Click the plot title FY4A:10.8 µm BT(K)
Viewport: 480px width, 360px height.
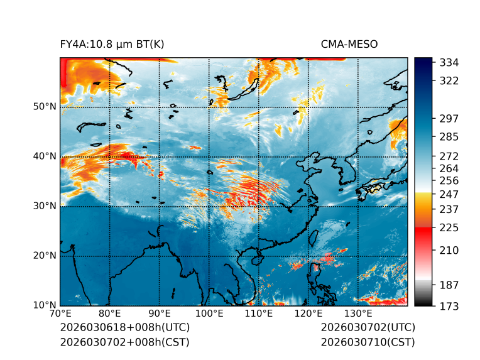tap(112, 44)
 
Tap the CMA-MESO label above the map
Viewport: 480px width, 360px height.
tap(349, 44)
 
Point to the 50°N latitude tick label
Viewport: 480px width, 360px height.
tap(44, 107)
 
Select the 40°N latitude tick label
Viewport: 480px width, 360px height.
tap(44, 156)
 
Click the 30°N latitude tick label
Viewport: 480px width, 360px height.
tap(44, 206)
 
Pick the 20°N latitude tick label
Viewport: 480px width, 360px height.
tap(44, 256)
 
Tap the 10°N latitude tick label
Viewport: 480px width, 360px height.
tap(44, 305)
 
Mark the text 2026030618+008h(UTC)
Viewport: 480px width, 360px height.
tap(124, 328)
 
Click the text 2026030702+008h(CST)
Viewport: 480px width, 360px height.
tap(124, 342)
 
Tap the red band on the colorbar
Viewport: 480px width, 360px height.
tap(423, 232)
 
